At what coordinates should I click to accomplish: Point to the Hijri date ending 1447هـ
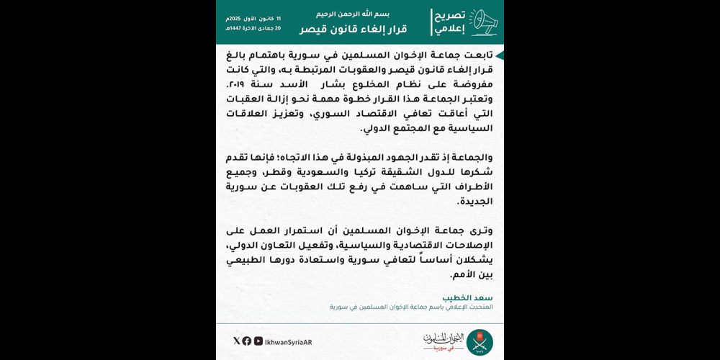click(x=253, y=28)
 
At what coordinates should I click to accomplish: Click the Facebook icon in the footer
click(x=247, y=341)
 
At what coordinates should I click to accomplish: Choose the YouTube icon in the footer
click(x=257, y=341)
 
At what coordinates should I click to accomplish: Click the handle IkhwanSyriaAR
click(x=289, y=341)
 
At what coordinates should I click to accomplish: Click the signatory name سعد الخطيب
click(x=474, y=297)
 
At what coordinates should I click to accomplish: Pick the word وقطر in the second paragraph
click(x=325, y=174)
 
